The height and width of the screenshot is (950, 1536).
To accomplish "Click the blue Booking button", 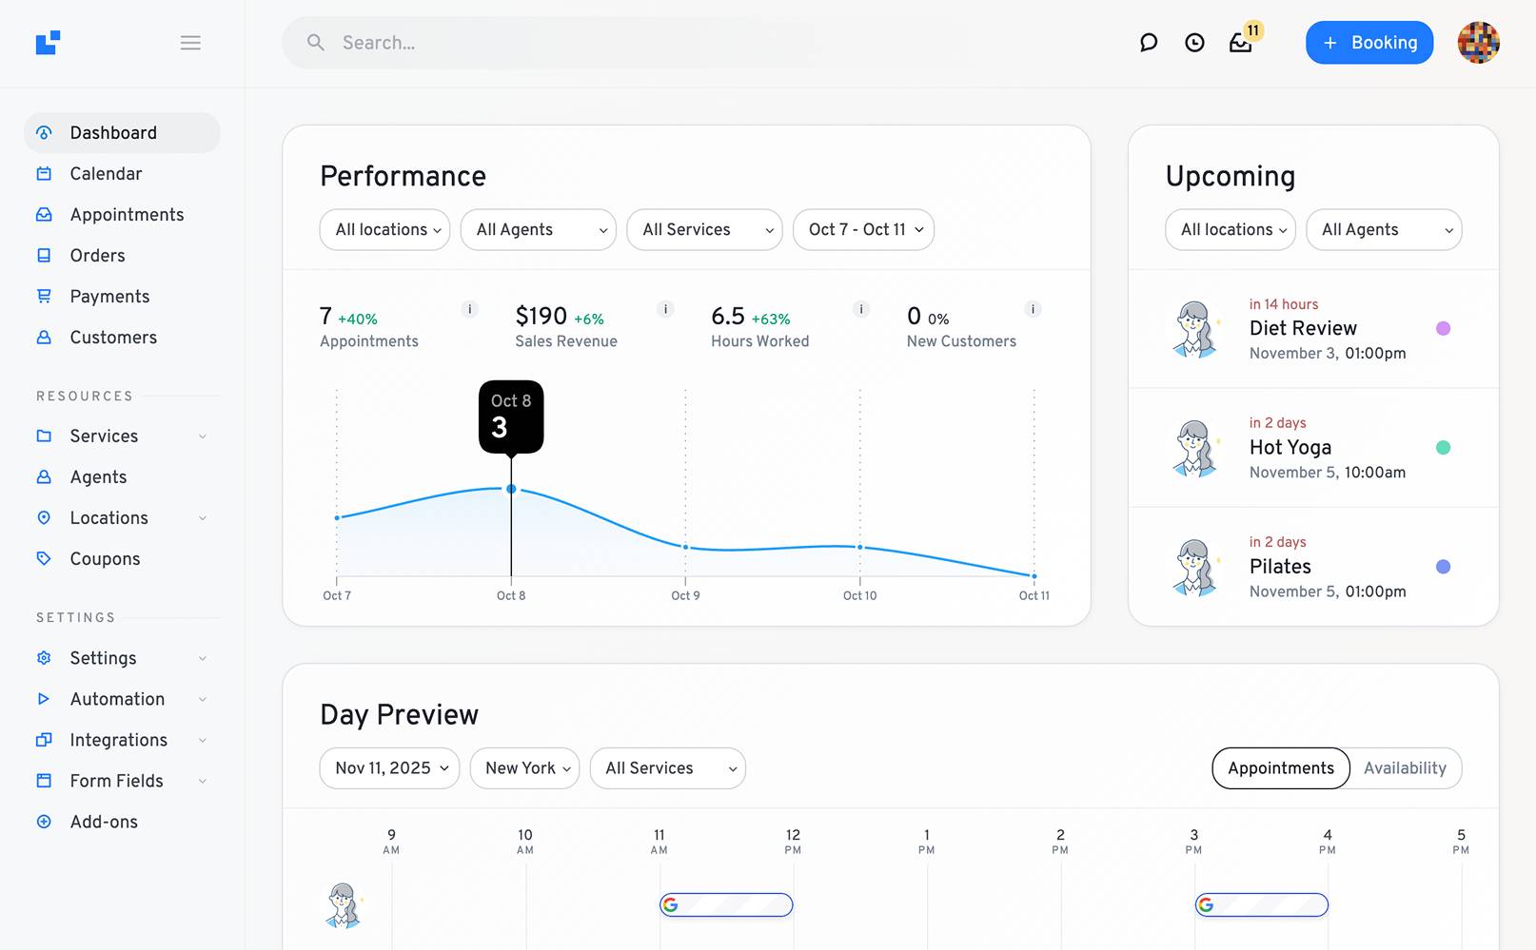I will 1369,43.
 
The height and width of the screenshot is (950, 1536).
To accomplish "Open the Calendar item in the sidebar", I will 106,174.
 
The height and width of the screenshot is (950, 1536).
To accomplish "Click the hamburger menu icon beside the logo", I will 190,43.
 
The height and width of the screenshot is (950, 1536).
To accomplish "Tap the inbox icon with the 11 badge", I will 1240,43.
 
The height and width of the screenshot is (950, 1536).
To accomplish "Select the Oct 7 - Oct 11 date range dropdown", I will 864,230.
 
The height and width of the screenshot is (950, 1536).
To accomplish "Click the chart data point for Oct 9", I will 685,547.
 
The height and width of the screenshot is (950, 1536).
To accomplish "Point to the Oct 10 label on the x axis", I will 859,596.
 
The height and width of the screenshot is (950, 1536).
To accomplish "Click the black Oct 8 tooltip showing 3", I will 511,417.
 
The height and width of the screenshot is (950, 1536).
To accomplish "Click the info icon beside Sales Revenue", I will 665,309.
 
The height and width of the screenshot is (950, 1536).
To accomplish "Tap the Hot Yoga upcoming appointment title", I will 1290,448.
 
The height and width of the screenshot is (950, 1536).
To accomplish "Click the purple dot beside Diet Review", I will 1443,328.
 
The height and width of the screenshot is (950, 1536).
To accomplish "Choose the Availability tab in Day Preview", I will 1405,768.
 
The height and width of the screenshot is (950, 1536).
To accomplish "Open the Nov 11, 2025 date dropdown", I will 390,768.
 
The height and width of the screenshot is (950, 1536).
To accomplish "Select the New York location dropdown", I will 526,768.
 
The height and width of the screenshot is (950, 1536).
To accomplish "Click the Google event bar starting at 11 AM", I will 726,905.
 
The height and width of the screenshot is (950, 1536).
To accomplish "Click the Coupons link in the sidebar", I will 105,559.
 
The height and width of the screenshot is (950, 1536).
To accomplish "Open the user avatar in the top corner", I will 1478,43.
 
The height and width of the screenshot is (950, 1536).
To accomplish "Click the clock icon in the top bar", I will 1194,43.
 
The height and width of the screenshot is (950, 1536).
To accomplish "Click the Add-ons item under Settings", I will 104,822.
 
